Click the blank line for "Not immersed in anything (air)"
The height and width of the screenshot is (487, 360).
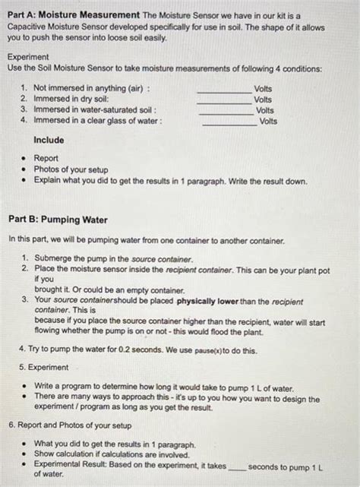(x=223, y=90)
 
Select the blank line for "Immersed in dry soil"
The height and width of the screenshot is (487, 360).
(x=223, y=100)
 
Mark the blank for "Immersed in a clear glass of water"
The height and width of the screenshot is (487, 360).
(x=229, y=122)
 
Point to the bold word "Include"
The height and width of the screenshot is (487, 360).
(x=49, y=141)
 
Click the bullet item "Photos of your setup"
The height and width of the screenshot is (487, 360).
(x=72, y=169)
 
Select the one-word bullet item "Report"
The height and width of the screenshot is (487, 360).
(x=46, y=159)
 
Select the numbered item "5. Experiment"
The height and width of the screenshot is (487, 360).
(x=43, y=367)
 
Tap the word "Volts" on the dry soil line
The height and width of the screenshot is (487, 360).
(x=263, y=100)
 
